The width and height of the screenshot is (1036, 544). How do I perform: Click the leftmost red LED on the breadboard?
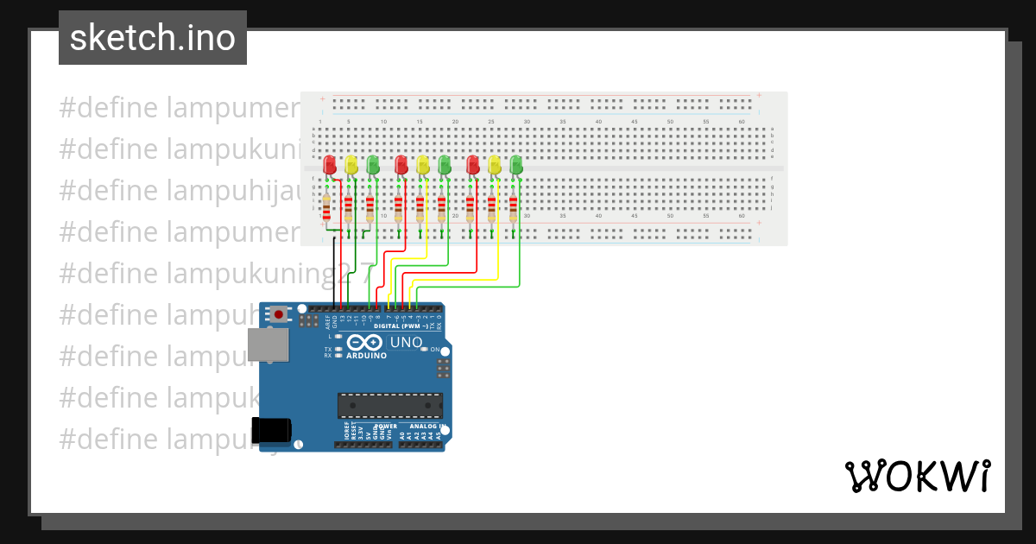tap(329, 164)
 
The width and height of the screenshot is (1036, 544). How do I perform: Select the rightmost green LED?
tap(516, 164)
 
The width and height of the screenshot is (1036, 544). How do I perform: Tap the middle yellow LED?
tap(422, 164)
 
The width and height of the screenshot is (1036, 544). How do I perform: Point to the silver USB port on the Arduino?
tap(268, 344)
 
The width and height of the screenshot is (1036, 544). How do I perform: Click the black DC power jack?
tap(270, 429)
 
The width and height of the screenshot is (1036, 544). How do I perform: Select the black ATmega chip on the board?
tap(390, 405)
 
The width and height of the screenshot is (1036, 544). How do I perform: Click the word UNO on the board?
tap(406, 343)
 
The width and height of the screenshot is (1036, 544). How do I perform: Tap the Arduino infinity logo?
tap(365, 343)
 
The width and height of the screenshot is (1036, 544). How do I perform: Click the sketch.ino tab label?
tap(153, 38)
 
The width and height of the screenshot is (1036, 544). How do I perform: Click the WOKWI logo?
tap(917, 476)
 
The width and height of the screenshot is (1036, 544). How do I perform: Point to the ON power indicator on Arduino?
tap(435, 350)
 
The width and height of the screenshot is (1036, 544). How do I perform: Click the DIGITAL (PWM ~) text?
tap(401, 326)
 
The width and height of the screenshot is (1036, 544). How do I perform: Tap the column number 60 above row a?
tap(742, 122)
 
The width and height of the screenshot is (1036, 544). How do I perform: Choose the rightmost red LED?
tap(472, 164)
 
